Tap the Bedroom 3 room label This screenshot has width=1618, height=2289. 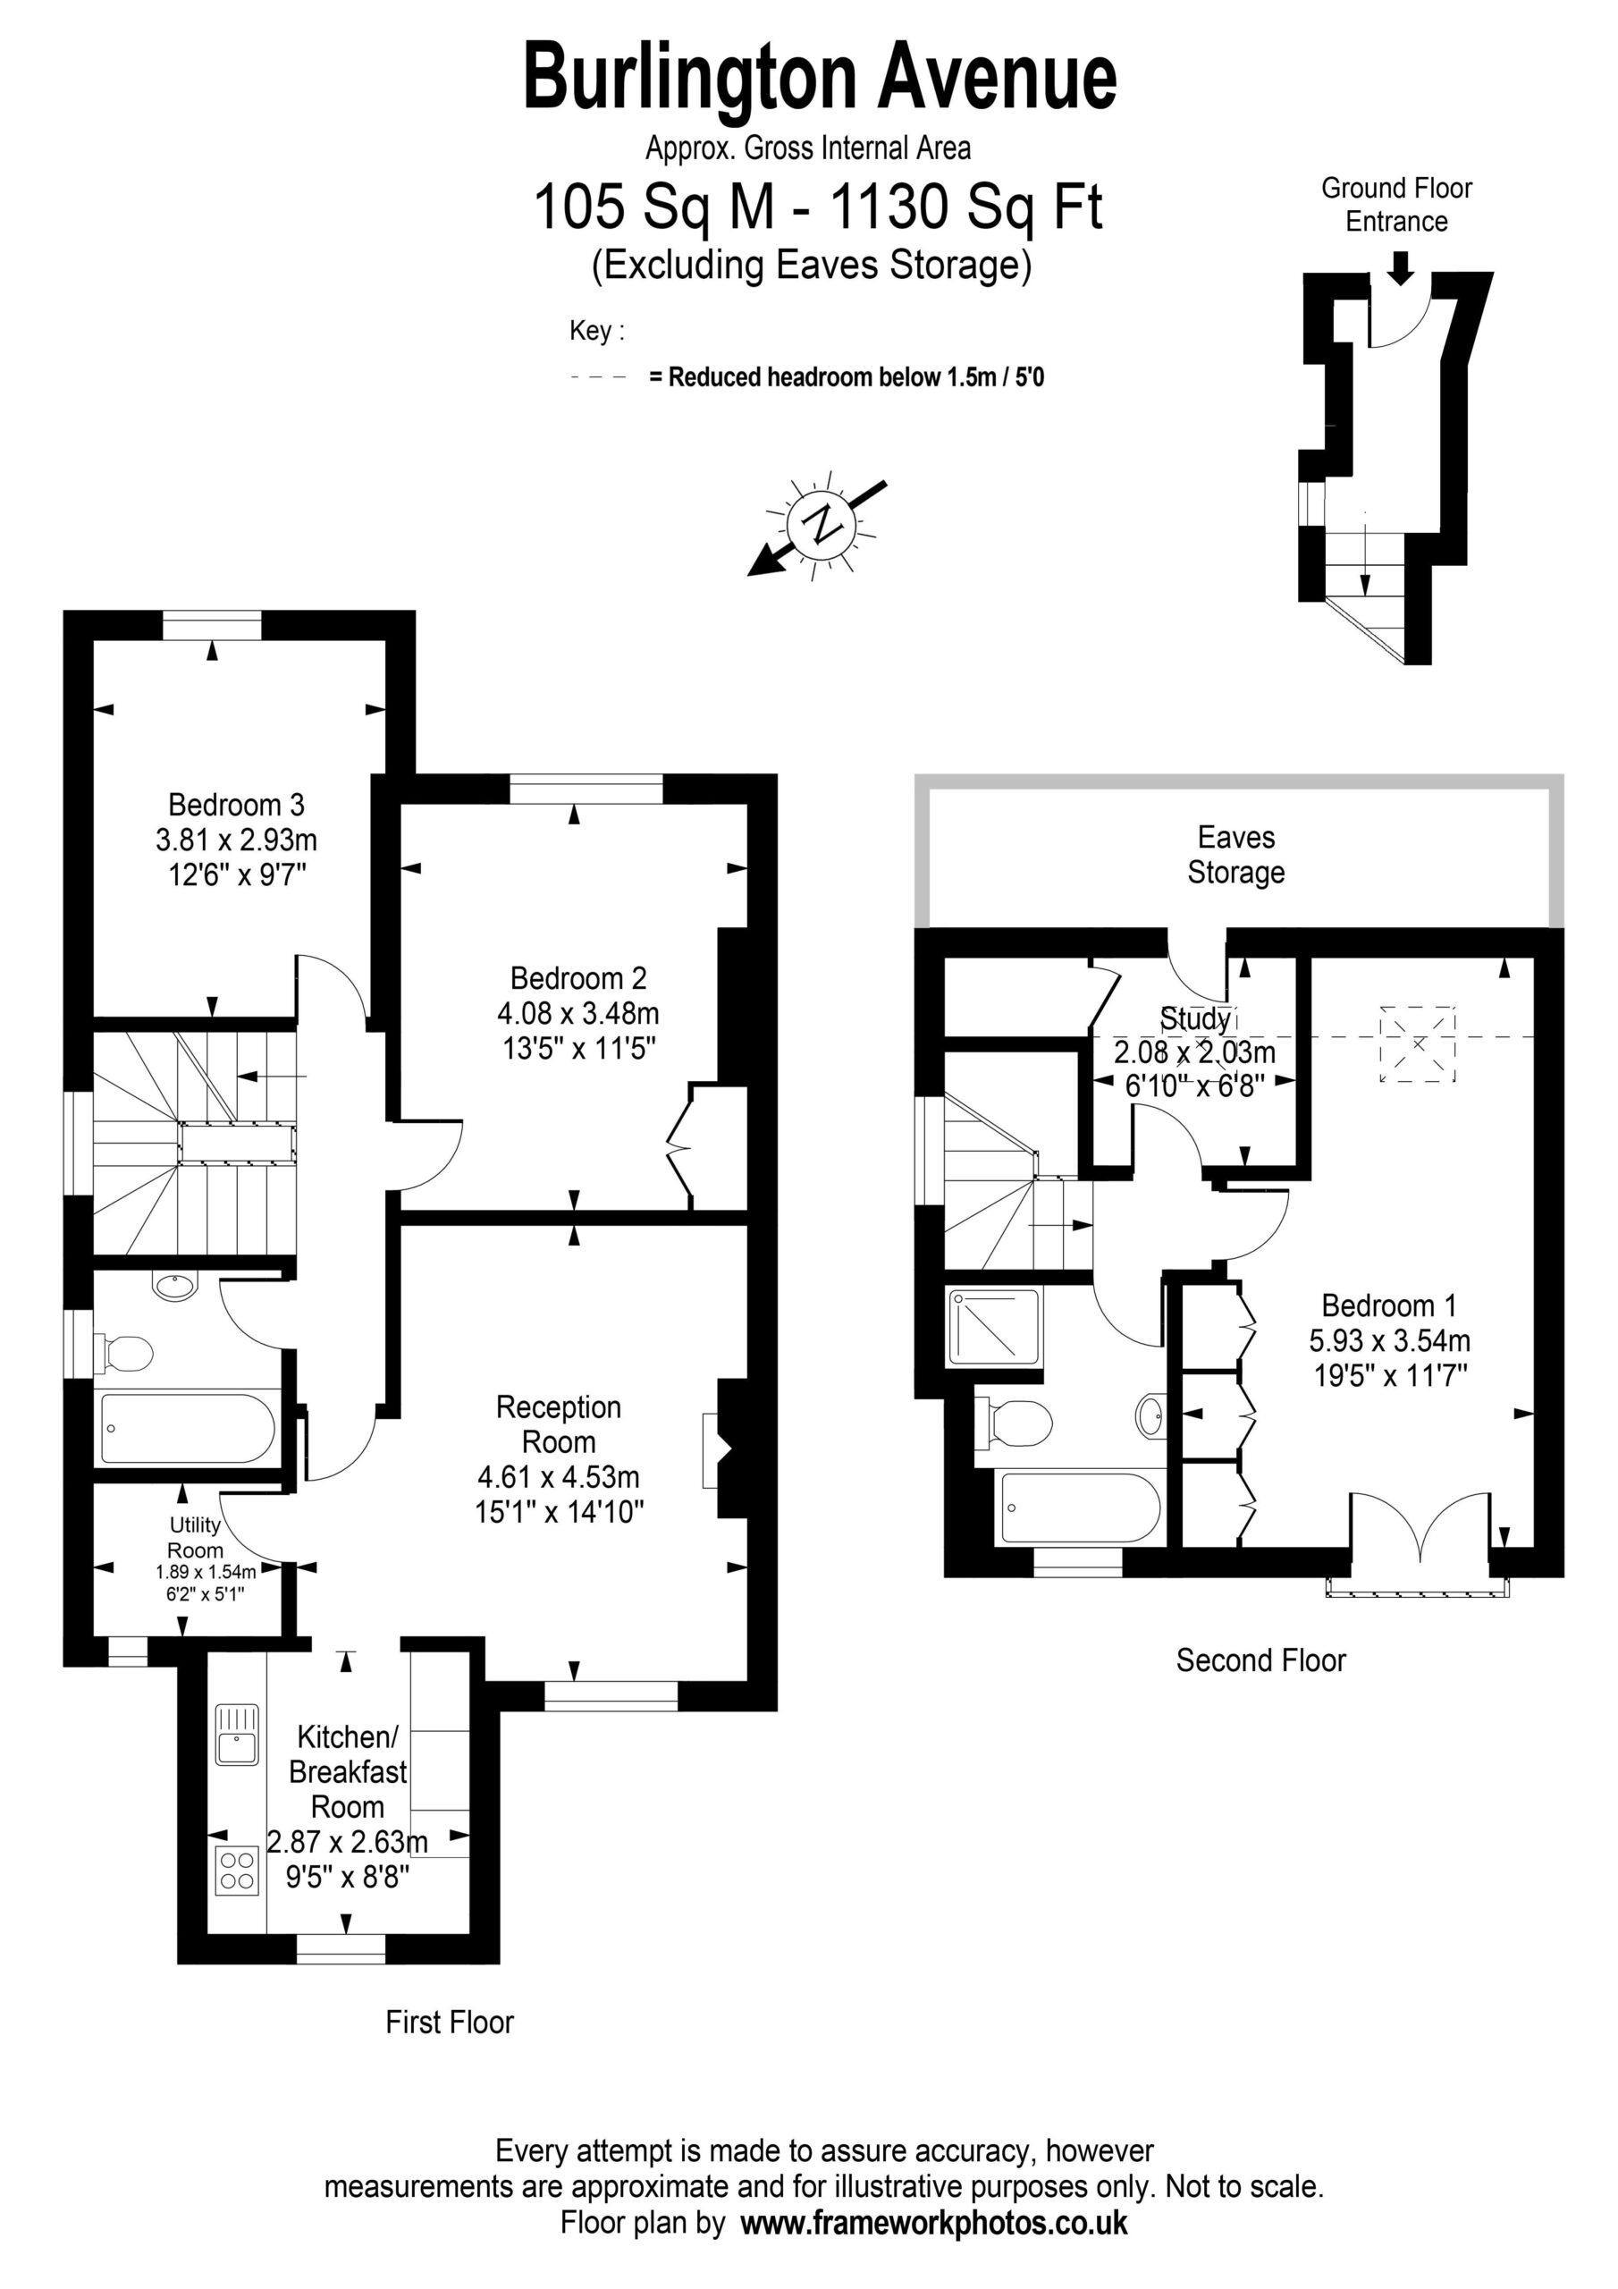pos(236,805)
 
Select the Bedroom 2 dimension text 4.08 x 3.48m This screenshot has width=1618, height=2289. pos(578,1014)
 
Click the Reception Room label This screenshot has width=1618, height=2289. pos(559,1424)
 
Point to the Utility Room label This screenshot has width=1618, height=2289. pos(196,1537)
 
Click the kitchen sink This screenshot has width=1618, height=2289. pos(237,1734)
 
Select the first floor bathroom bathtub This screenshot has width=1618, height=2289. pos(188,1429)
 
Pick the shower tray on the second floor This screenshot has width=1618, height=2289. pos(994,1327)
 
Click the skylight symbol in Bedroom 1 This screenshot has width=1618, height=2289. pos(1417,1043)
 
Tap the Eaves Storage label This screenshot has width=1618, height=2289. pos(1236,855)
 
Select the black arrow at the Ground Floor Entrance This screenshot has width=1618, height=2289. pos(1401,267)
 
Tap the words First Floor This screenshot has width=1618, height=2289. pos(450,2022)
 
